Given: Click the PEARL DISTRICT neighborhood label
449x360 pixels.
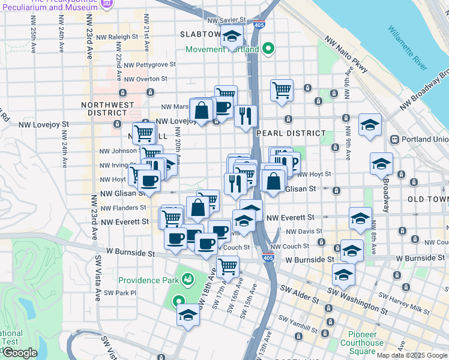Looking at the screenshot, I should pyautogui.click(x=291, y=133).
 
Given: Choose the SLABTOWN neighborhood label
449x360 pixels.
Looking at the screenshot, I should pyautogui.click(x=200, y=34).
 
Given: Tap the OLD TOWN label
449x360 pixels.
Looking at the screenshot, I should pyautogui.click(x=428, y=199).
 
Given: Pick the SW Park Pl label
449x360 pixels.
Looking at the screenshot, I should pyautogui.click(x=120, y=293).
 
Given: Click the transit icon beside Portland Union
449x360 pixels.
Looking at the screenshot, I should pyautogui.click(x=395, y=139).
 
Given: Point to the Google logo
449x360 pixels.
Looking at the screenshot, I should pyautogui.click(x=20, y=353).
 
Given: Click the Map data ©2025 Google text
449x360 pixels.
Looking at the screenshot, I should pyautogui.click(x=411, y=355).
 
